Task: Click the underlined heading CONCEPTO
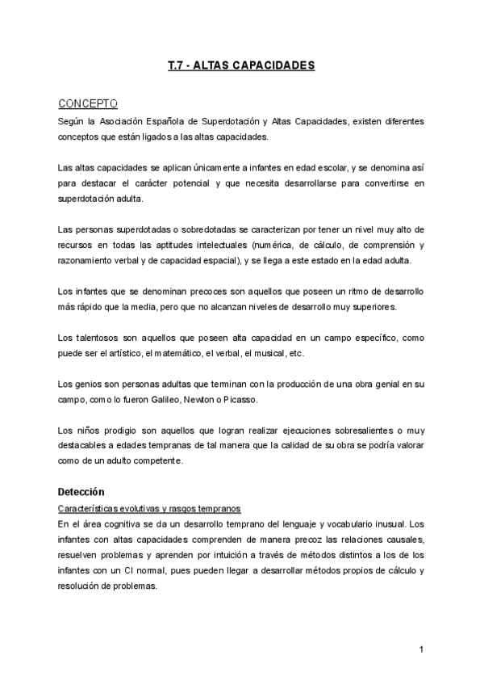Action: [x=88, y=103]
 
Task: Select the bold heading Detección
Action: [x=81, y=492]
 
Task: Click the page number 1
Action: [x=421, y=649]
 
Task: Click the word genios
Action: [x=91, y=384]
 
